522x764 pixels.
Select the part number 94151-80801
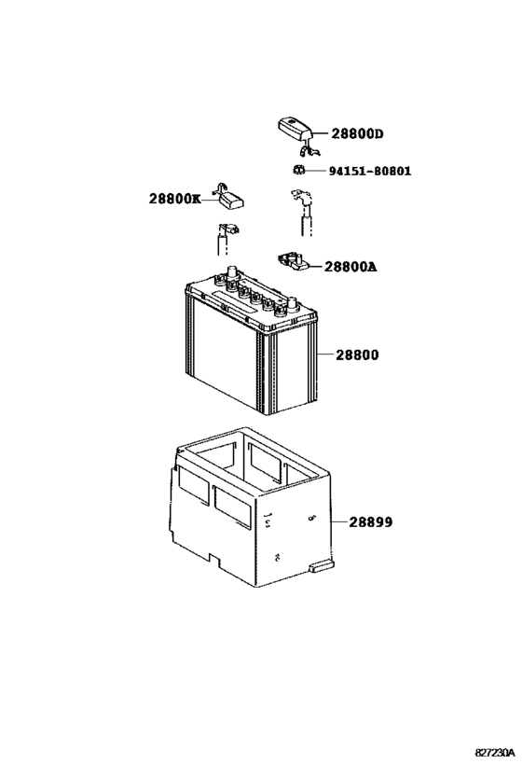pos(369,172)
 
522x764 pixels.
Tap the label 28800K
pos(173,199)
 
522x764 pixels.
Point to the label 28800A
pos(350,266)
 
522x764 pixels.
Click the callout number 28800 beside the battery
pos(351,355)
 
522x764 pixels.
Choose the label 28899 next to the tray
pos(371,522)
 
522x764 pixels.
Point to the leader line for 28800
pos(320,355)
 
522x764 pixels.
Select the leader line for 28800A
pos(314,266)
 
